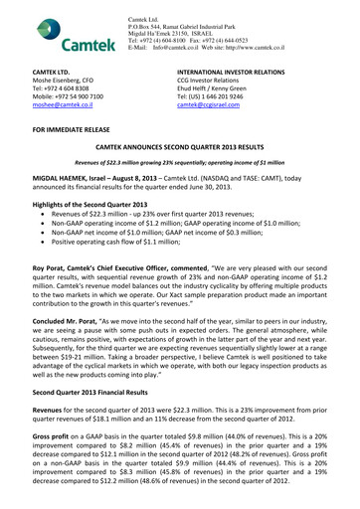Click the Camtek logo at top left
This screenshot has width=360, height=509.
(x=51, y=34)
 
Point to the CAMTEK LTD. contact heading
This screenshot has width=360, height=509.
(x=38, y=74)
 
